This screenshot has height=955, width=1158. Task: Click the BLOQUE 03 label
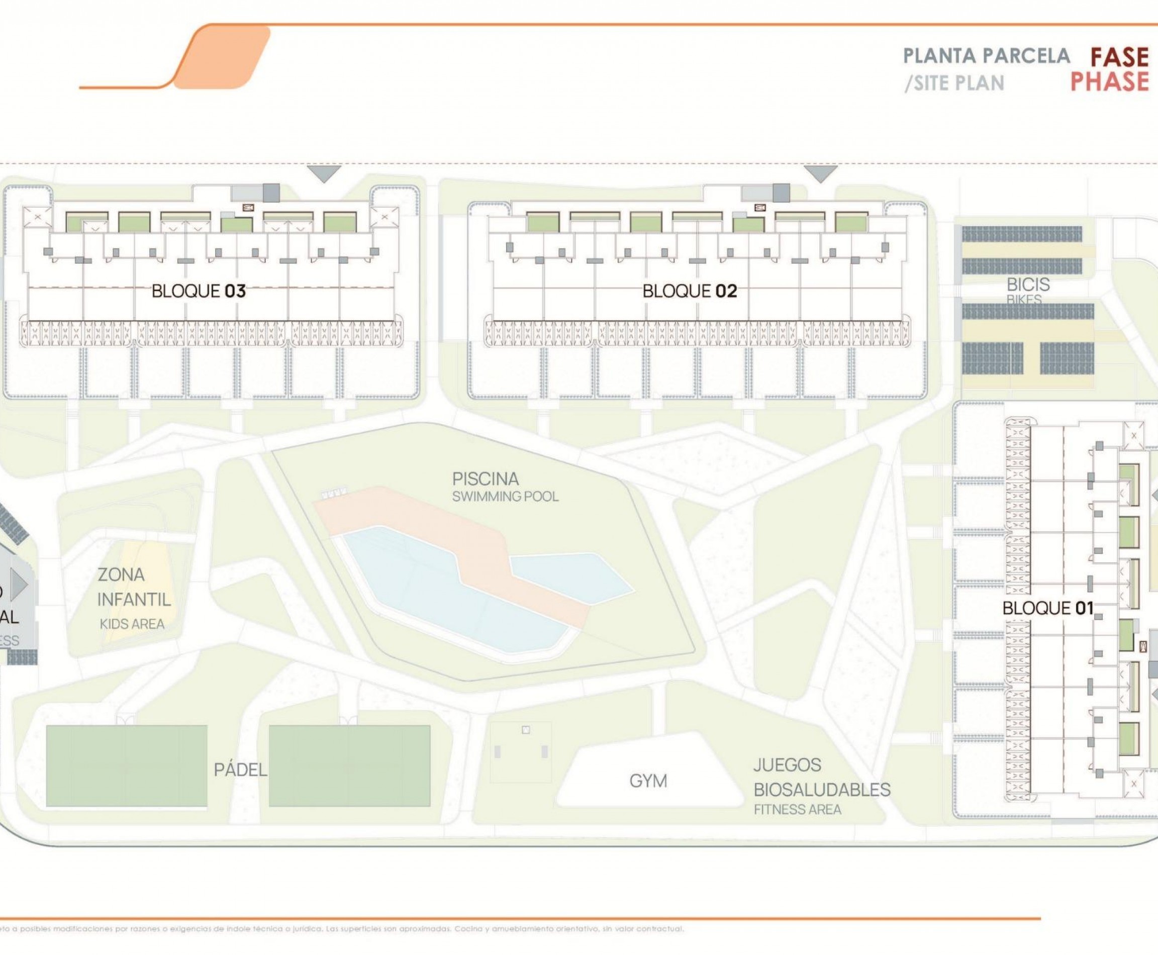[199, 291]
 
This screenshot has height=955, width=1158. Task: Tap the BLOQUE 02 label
[689, 291]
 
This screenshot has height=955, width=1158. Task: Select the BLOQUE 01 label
[1047, 608]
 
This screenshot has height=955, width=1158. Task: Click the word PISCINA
[486, 479]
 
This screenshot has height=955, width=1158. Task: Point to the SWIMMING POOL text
[505, 497]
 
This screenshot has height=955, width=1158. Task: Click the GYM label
[648, 781]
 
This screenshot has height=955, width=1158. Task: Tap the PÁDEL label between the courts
[240, 770]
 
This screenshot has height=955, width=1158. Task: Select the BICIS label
[1028, 284]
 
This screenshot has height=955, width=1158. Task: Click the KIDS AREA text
[132, 624]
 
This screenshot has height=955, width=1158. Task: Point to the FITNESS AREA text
[797, 809]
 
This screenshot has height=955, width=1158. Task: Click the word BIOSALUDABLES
[821, 790]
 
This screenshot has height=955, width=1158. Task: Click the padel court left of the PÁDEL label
[126, 766]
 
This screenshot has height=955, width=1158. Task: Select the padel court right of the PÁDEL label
[349, 766]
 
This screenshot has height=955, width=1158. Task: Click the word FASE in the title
[1119, 58]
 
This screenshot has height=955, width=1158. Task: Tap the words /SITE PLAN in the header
[954, 83]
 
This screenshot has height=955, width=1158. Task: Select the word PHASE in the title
[1110, 81]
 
